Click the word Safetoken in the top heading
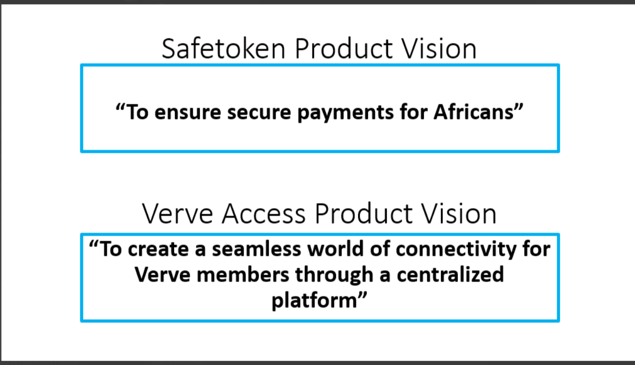point(223,49)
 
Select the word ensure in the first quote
point(188,112)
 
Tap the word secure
point(259,112)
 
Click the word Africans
point(473,111)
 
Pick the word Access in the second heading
point(264,214)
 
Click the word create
point(158,250)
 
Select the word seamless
point(257,249)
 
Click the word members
point(243,275)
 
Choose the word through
point(334,276)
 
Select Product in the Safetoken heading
point(344,49)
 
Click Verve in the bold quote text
point(162,275)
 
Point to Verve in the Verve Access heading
point(177,214)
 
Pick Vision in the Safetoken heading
point(439,49)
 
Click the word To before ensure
point(137,112)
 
